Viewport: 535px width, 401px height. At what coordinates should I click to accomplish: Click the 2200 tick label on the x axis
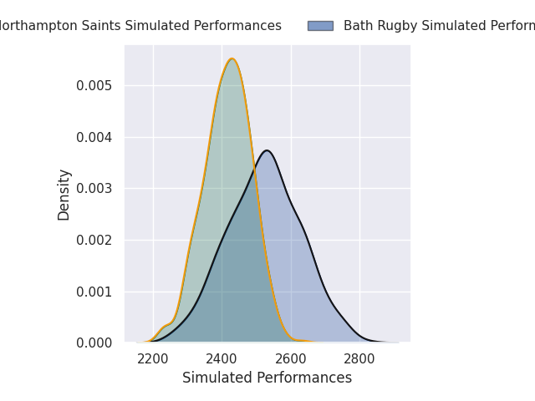click(x=153, y=359)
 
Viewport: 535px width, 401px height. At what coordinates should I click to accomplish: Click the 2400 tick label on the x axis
click(x=222, y=359)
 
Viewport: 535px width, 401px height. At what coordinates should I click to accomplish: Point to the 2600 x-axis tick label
click(x=291, y=359)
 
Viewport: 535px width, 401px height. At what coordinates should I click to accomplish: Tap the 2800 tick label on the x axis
click(x=359, y=359)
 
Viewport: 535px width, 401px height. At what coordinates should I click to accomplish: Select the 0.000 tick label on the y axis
click(x=94, y=343)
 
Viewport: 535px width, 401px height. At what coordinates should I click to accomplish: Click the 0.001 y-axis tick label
click(x=94, y=292)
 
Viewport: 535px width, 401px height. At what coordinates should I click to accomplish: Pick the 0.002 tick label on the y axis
click(x=94, y=240)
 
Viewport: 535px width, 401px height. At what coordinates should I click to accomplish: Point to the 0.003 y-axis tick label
click(x=94, y=189)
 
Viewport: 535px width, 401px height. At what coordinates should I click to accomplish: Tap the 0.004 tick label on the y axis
click(x=94, y=137)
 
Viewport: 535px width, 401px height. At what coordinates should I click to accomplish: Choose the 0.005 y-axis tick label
click(x=94, y=85)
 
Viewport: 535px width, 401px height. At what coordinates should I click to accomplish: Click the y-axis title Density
click(x=64, y=195)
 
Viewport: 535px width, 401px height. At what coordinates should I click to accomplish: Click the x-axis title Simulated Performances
click(x=267, y=378)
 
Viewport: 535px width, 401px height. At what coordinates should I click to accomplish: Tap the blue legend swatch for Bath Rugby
click(x=320, y=26)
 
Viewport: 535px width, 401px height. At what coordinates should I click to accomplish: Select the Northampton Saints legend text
click(x=139, y=26)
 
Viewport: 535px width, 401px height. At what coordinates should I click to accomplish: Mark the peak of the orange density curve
click(x=232, y=58)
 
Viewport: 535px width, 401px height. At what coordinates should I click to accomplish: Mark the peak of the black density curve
click(x=267, y=150)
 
